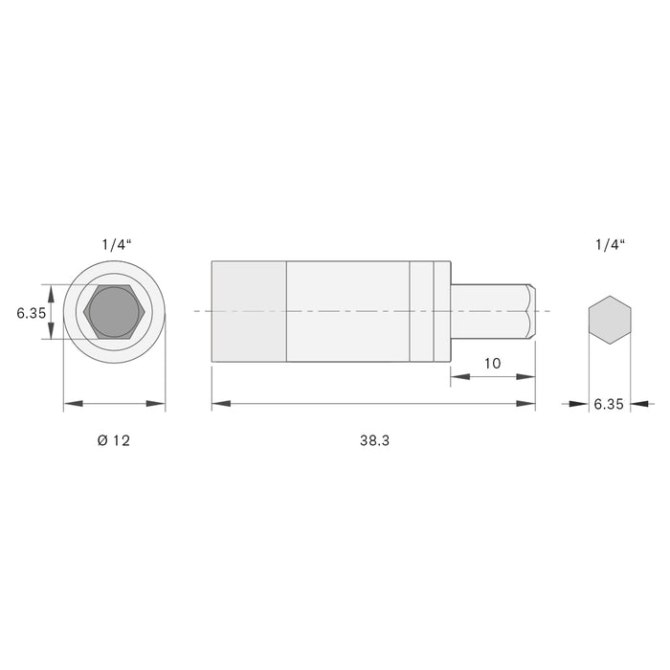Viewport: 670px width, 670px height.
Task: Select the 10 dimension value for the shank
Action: click(x=493, y=364)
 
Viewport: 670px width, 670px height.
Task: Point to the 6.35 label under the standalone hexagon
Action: click(x=608, y=405)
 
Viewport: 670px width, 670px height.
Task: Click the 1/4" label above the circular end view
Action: click(x=116, y=245)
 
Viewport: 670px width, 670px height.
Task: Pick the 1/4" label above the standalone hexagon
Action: click(x=609, y=245)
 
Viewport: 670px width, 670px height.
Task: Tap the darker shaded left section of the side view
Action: click(x=248, y=311)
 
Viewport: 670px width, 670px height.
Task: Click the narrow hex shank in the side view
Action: click(x=486, y=311)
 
